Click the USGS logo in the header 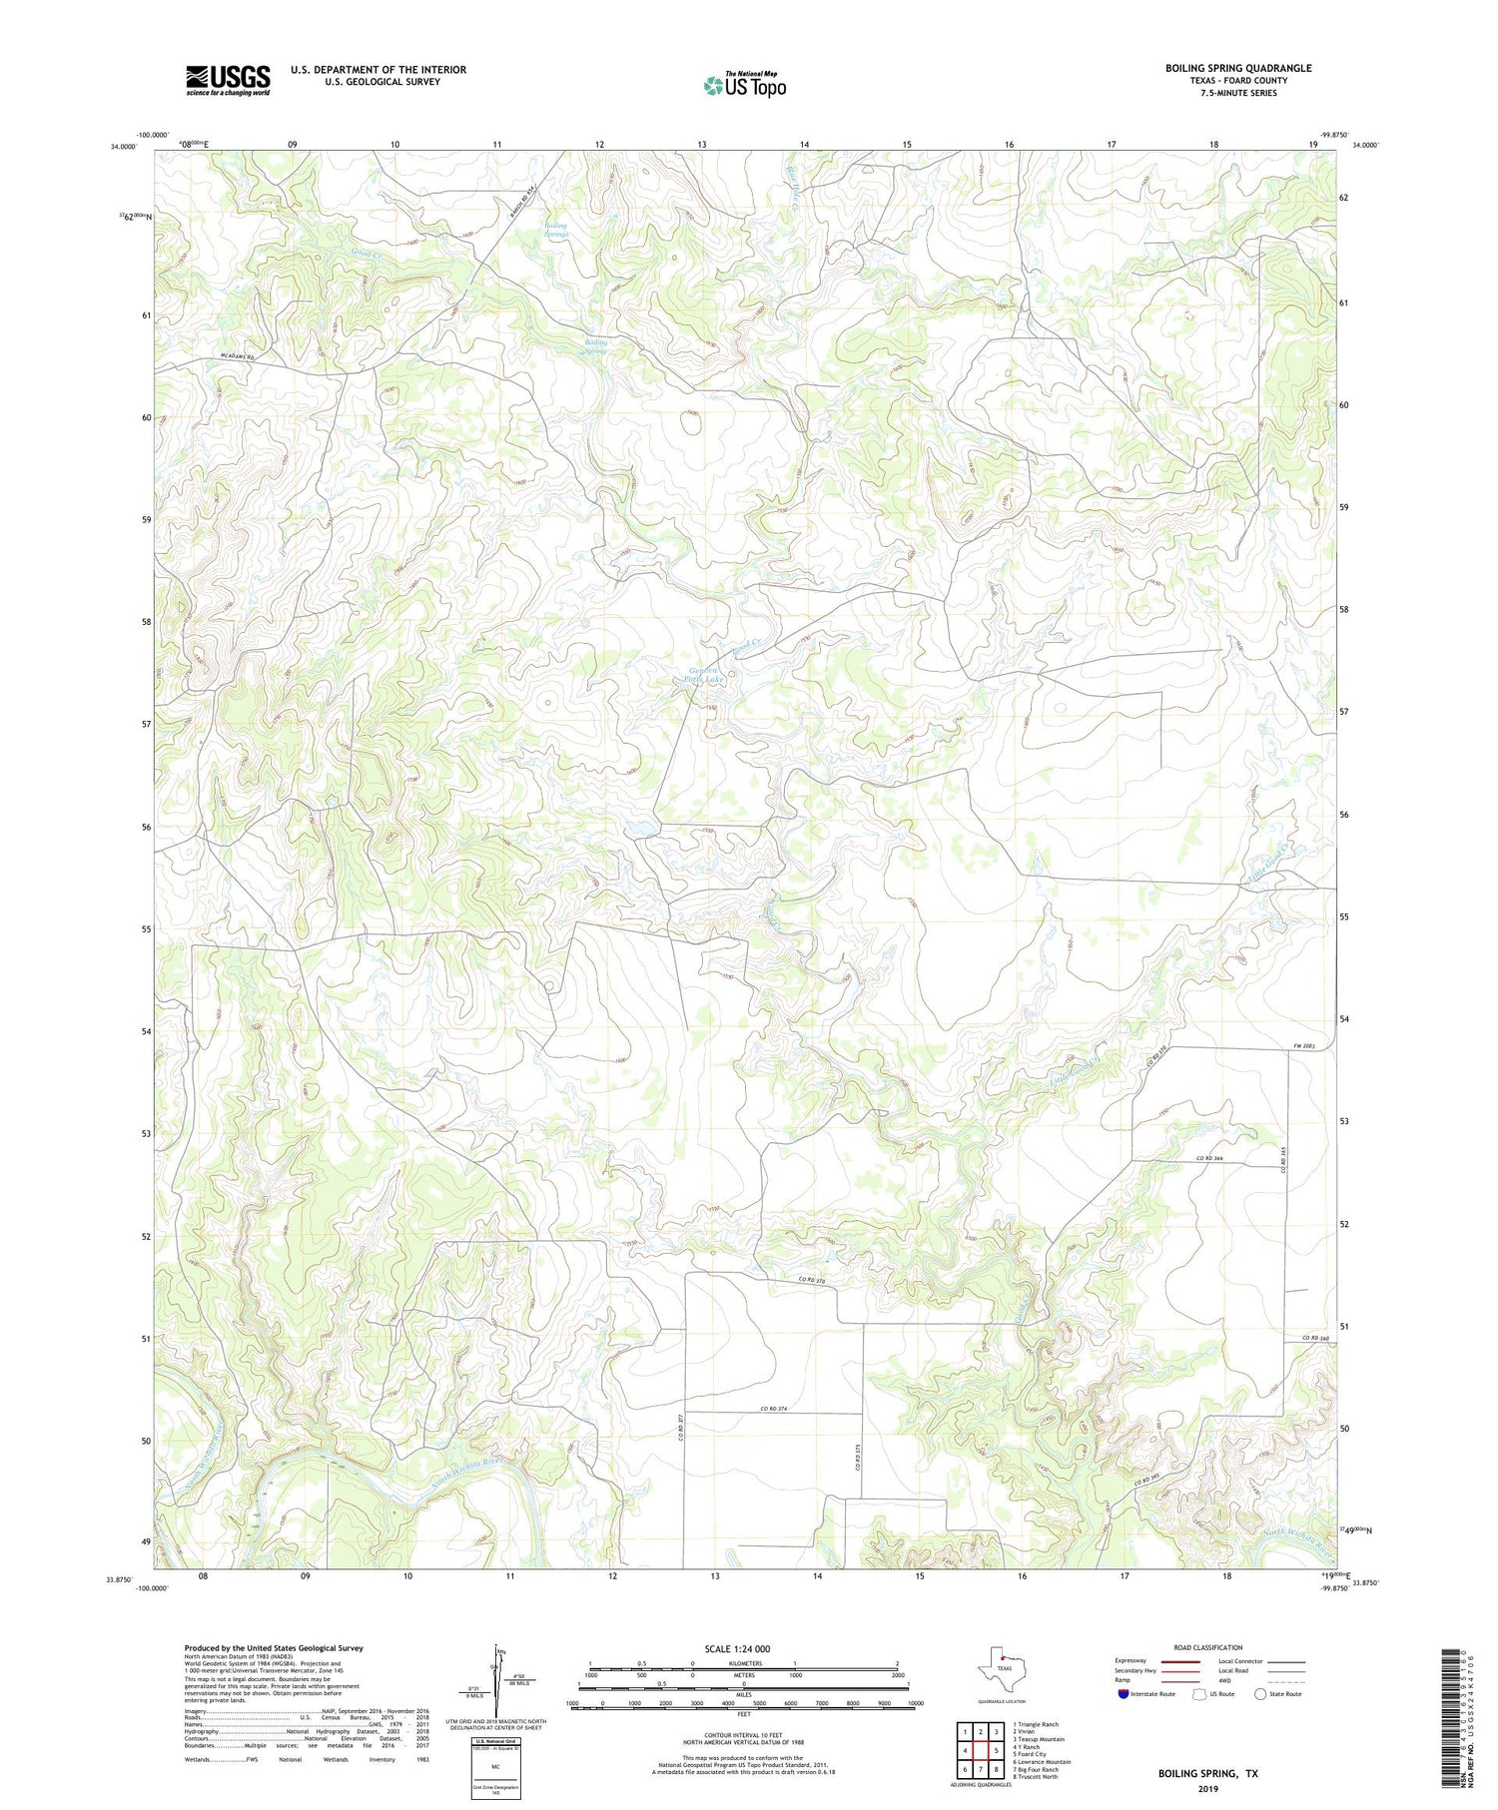click(x=228, y=80)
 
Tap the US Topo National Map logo click(x=744, y=85)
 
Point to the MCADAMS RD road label click(x=238, y=356)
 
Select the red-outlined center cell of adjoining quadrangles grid click(x=981, y=1750)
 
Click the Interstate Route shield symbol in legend click(x=1123, y=1694)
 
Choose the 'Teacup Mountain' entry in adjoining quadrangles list click(x=1039, y=1739)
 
